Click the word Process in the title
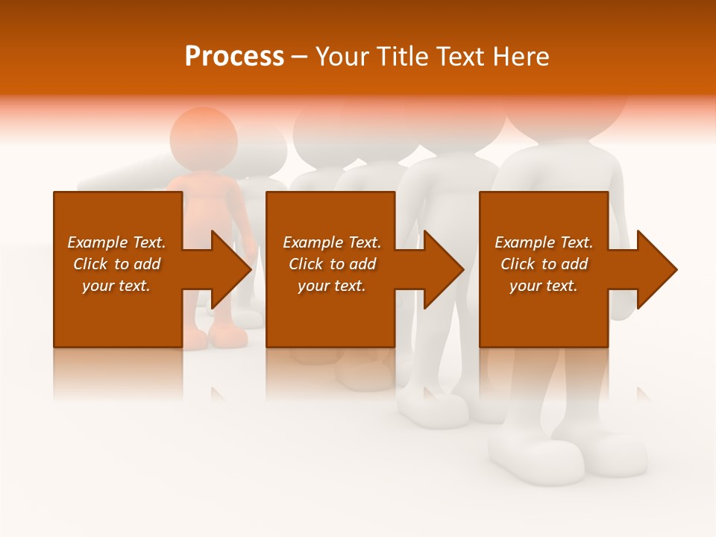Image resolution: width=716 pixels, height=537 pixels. point(234,57)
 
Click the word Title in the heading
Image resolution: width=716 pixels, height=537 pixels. point(403,57)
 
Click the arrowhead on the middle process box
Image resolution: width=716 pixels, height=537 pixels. point(442,269)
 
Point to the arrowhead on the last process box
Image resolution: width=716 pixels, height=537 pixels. point(656,269)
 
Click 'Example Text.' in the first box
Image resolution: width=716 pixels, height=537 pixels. point(116,242)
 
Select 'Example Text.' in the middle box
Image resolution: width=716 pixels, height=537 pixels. point(331,242)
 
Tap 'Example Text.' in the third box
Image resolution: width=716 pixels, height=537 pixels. point(544,242)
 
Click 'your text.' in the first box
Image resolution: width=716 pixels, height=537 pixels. point(116,286)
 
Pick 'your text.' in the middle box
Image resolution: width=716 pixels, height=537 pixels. point(331,286)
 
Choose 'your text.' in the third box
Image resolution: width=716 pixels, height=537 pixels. point(544,286)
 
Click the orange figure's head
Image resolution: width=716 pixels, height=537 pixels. point(203,138)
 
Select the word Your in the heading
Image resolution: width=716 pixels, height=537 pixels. point(342,57)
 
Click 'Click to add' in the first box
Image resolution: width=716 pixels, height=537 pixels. point(116,264)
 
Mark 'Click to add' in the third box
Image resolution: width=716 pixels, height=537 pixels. point(544,264)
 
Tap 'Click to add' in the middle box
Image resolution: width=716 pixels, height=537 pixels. point(331,264)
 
